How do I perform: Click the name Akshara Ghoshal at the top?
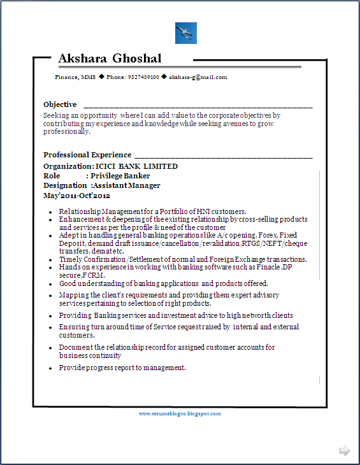tap(110, 59)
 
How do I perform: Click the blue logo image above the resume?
tap(186, 33)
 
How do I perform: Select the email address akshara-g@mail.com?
tap(198, 77)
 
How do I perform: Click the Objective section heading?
tap(60, 104)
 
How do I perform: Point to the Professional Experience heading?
tap(87, 155)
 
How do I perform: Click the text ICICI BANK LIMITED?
tap(136, 166)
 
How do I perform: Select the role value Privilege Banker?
tap(120, 176)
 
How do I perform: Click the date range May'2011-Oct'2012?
tap(76, 196)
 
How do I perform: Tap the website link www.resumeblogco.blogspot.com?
tap(180, 413)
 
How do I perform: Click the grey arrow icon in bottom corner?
tap(345, 451)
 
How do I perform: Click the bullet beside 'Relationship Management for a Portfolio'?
tap(50, 212)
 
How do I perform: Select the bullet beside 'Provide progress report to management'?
tap(50, 369)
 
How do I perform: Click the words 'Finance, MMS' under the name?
tap(75, 77)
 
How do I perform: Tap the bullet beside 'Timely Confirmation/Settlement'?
tap(50, 260)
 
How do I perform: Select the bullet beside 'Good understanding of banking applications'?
tap(50, 284)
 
